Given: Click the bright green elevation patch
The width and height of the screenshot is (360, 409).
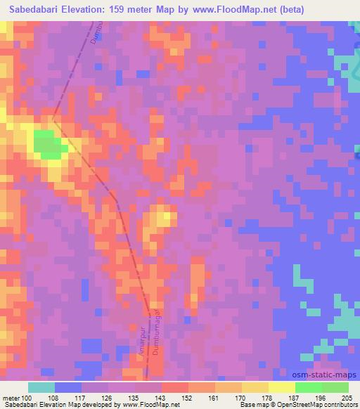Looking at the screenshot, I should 47,145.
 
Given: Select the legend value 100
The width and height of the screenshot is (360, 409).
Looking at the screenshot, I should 27,398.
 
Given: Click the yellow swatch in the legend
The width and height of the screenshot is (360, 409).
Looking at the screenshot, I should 282,387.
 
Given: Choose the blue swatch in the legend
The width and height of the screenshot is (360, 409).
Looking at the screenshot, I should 67,387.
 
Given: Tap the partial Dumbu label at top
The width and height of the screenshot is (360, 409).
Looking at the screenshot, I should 96,31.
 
